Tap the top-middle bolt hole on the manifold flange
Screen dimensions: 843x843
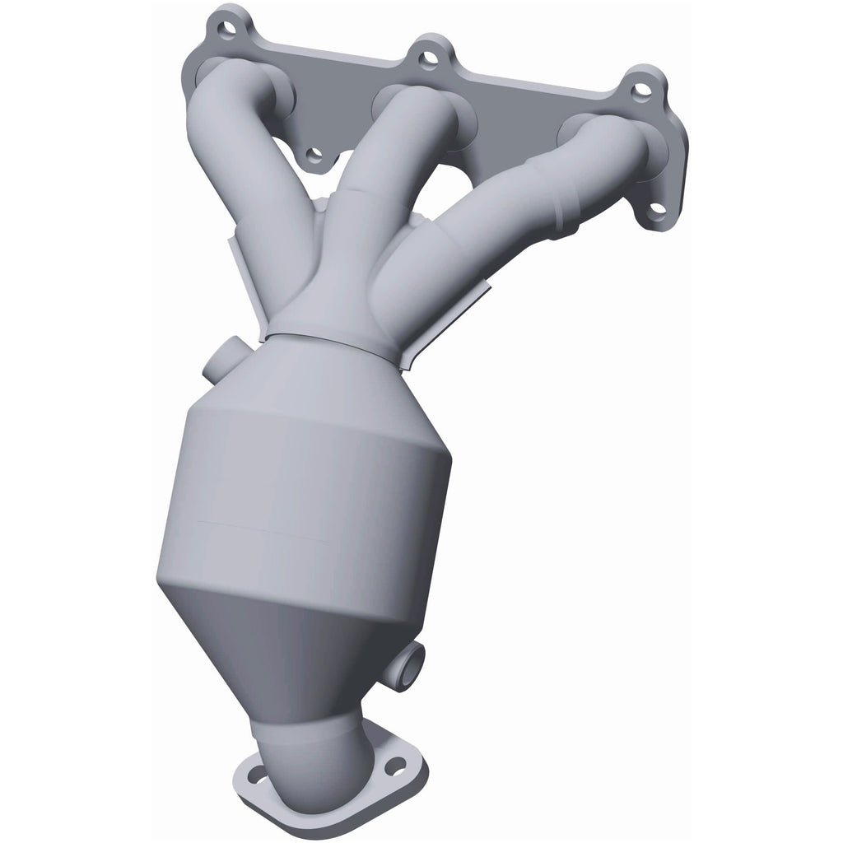pos(426,58)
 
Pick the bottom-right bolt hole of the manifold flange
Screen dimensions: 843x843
pos(654,209)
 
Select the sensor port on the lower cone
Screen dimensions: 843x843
pos(412,664)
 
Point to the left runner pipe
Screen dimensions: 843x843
pos(239,156)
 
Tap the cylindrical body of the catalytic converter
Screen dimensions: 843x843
pos(305,494)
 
